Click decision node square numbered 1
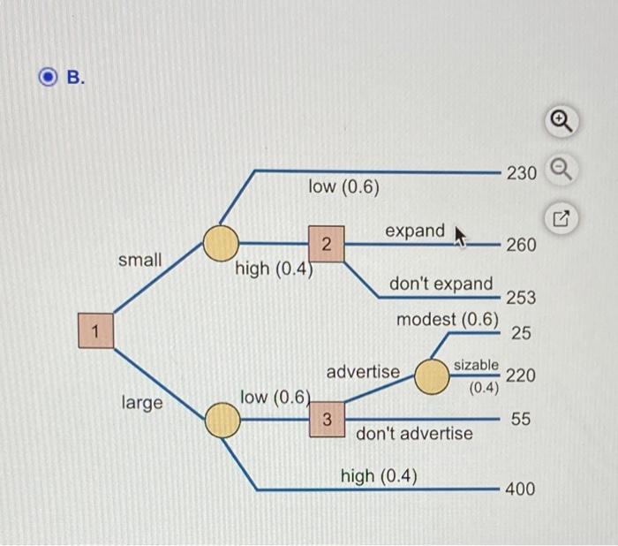point(95,330)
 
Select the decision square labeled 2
point(327,244)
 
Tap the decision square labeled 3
point(328,419)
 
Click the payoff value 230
point(522,173)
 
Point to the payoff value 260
point(522,245)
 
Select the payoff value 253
point(521,298)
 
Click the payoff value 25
point(521,333)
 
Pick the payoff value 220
point(521,375)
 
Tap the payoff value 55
point(521,419)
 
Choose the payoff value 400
point(520,489)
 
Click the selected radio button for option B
point(48,77)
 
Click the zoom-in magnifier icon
point(561,121)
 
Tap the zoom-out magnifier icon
point(561,170)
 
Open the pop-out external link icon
point(561,218)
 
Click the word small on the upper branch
point(139,260)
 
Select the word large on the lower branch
point(142,403)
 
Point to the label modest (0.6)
point(448,320)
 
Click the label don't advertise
point(414,434)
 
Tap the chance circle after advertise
point(432,376)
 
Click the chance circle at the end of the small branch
point(221,243)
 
